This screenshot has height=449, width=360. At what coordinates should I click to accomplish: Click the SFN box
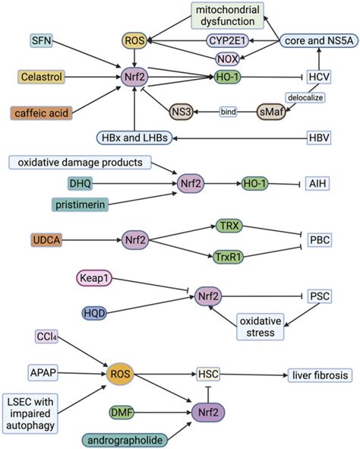[x=42, y=39]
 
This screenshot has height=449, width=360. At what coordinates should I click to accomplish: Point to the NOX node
[x=227, y=58]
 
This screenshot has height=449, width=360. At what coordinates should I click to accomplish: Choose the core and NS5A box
[x=314, y=39]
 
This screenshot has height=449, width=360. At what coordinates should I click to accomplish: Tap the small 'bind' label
[x=229, y=112]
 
